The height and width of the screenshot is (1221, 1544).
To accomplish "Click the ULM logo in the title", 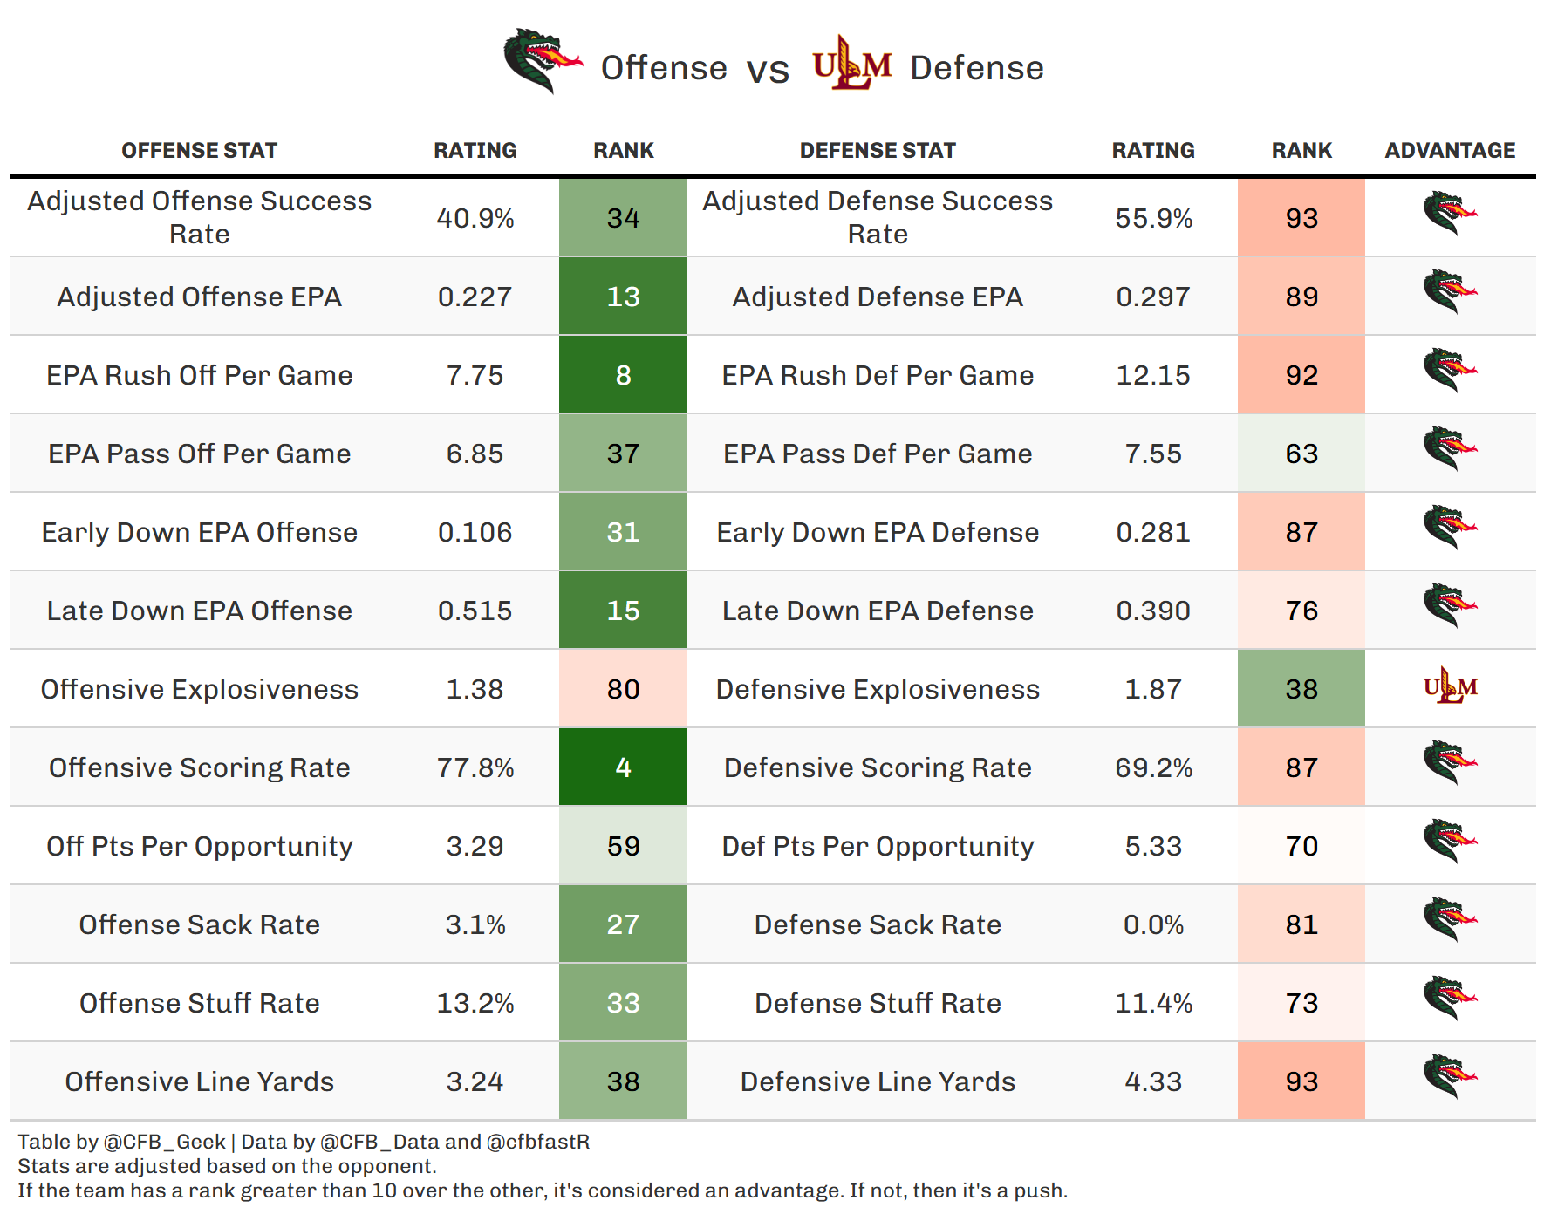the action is pos(851,63).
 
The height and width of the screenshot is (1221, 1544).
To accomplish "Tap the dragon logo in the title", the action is pos(543,61).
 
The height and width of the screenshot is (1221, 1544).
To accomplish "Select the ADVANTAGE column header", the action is pos(1450,151).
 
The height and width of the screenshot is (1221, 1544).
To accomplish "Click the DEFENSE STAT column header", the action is pos(878,151).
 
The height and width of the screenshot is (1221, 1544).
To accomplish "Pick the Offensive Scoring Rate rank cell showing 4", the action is pos(623,767).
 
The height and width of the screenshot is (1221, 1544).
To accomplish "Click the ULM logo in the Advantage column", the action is pos(1450,686).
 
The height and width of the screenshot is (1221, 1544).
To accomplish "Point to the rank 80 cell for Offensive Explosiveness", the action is pos(623,689).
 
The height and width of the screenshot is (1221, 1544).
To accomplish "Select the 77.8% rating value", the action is pos(475,767).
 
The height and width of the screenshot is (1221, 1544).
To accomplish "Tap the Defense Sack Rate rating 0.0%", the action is pos(1153,924).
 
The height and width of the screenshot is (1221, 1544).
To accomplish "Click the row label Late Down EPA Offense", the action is pos(200,610).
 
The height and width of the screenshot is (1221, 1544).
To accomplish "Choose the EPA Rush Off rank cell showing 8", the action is pos(623,375).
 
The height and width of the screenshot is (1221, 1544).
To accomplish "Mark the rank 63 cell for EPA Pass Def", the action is pos(1301,454).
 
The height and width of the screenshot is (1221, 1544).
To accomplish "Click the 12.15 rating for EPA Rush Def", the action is pos(1153,375).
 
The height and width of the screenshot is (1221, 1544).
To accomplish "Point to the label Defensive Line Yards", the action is pos(878,1081).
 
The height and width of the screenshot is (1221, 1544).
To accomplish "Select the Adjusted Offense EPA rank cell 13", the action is pos(623,297).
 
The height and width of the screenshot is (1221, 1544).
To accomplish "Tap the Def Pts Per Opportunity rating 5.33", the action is pos(1153,846).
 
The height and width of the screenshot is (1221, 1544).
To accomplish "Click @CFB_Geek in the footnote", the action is pos(165,1143).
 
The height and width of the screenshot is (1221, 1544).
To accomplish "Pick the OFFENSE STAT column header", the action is pos(199,151).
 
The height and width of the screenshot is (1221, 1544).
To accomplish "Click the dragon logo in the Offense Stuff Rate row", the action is pos(1450,999).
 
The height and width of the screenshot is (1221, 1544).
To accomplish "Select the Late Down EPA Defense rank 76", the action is pos(1301,610).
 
